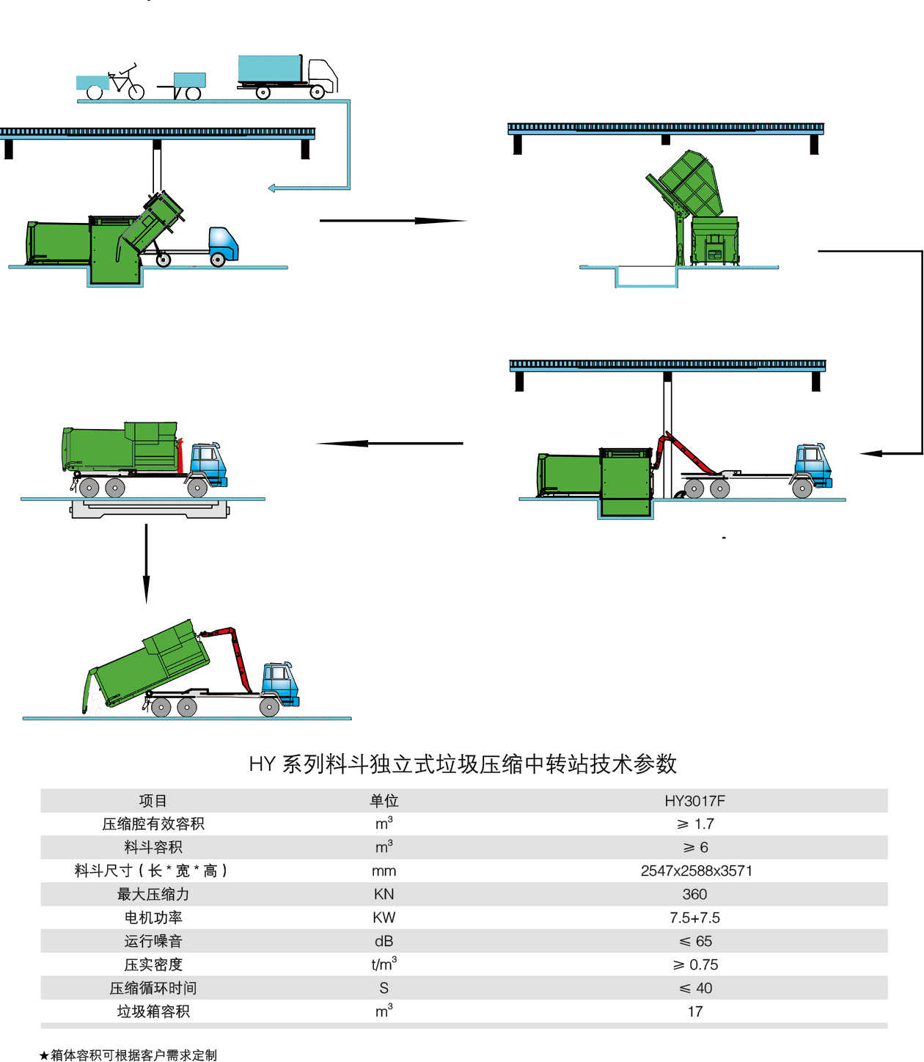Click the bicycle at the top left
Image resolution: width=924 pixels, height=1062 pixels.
tap(125, 82)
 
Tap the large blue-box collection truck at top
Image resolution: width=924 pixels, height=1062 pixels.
tap(287, 75)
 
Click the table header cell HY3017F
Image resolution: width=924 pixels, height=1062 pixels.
tap(694, 801)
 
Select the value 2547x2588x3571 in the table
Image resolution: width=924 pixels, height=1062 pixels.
tap(696, 871)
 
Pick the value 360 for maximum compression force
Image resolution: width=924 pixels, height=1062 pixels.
tap(694, 894)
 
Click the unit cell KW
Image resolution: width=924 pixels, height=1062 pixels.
tap(384, 918)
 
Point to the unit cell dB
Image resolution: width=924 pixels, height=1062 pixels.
tap(384, 941)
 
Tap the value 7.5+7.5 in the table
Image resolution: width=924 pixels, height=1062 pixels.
tap(694, 918)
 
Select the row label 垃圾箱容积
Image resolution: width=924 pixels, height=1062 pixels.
tap(153, 1011)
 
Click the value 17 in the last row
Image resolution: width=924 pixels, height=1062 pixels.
tap(694, 1011)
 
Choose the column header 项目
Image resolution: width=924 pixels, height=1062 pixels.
tap(153, 801)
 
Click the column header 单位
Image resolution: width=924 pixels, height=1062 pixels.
tap(384, 801)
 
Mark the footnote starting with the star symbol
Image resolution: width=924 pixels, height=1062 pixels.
tap(128, 1055)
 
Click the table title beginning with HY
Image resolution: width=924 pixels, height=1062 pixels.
tap(462, 764)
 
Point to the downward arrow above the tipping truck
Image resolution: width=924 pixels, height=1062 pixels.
tap(146, 563)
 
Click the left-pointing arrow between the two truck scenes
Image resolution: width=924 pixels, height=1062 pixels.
tap(389, 443)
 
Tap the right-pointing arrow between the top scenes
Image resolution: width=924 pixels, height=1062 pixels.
tap(392, 220)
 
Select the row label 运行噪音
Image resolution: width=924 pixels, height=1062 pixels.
tap(153, 941)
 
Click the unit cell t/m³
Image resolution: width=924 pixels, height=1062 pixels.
tap(384, 964)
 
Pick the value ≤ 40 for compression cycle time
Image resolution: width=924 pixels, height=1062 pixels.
tap(694, 988)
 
